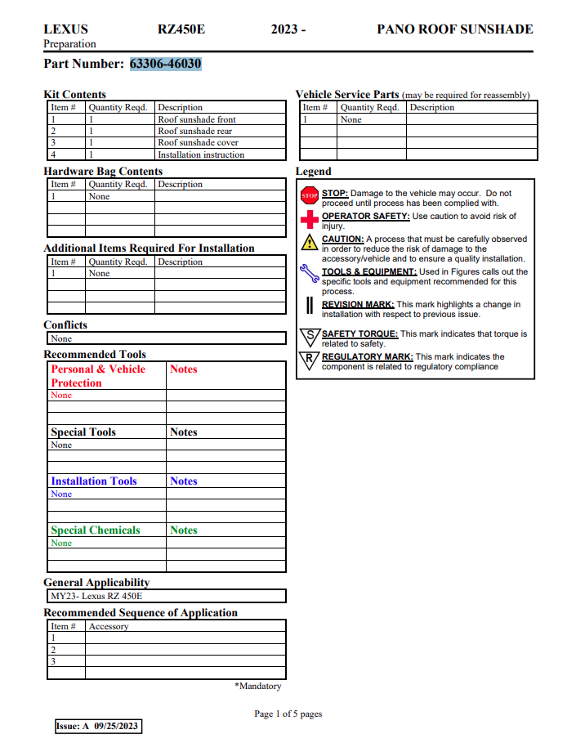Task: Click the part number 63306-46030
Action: [x=166, y=64]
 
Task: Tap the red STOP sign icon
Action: [x=310, y=196]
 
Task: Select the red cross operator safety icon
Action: [x=310, y=219]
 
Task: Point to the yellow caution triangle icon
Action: [x=309, y=242]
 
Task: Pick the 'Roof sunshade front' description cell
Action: [x=197, y=119]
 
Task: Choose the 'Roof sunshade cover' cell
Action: [x=198, y=143]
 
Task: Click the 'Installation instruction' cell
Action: [x=201, y=154]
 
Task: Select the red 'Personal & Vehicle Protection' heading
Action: [x=98, y=376]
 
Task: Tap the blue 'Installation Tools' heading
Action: [x=94, y=481]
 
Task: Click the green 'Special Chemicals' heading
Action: [x=96, y=530]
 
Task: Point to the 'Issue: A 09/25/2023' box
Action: [x=97, y=726]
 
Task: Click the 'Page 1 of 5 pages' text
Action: [x=288, y=714]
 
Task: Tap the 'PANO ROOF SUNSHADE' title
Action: [x=454, y=29]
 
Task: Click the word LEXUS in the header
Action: [x=65, y=29]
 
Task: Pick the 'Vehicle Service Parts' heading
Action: [x=347, y=95]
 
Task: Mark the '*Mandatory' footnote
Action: [x=257, y=686]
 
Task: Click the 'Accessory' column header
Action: [x=109, y=626]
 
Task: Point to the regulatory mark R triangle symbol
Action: [x=310, y=360]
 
